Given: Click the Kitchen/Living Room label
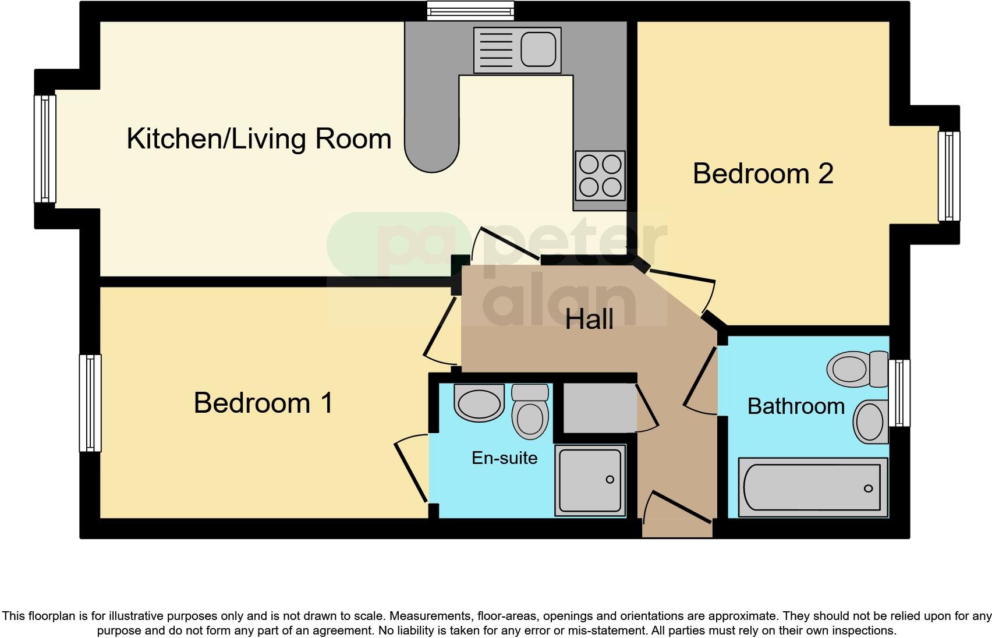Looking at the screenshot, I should coord(259,139).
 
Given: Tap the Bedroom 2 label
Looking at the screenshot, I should coord(763,174).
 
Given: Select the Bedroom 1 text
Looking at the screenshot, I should coord(263,403).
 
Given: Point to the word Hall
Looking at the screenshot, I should coord(589,319).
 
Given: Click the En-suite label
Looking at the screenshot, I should coord(504,458).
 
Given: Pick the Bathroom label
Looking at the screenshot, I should coord(795,406).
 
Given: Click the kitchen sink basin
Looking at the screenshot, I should coord(537,49).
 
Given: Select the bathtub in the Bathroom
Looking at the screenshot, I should coord(813,487).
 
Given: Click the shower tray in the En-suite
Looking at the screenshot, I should coord(590,480).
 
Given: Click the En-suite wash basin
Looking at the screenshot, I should coord(479,402).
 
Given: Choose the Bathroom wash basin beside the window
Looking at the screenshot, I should coord(870,421).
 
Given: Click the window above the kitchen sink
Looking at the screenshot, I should coord(470,10).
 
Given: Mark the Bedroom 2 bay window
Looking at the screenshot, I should coord(948,176).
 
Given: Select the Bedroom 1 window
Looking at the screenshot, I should coord(90,403).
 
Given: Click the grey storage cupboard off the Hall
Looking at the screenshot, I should coord(599,407).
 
